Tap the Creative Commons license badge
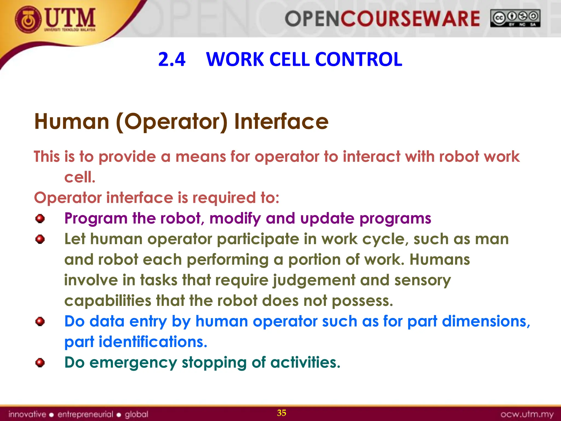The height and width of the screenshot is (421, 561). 515,18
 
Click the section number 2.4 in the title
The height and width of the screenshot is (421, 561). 172,59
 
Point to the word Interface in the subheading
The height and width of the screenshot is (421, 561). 281,121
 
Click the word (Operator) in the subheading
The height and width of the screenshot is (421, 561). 172,122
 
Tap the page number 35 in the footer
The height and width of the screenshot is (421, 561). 282,413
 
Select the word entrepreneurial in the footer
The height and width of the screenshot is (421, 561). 85,414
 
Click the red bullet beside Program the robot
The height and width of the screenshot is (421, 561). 40,219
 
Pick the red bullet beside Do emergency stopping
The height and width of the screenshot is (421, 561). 40,363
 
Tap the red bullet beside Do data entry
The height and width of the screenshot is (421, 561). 40,321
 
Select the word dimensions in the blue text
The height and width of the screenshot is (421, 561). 486,321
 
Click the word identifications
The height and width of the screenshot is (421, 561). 153,342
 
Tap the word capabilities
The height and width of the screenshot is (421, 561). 108,301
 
